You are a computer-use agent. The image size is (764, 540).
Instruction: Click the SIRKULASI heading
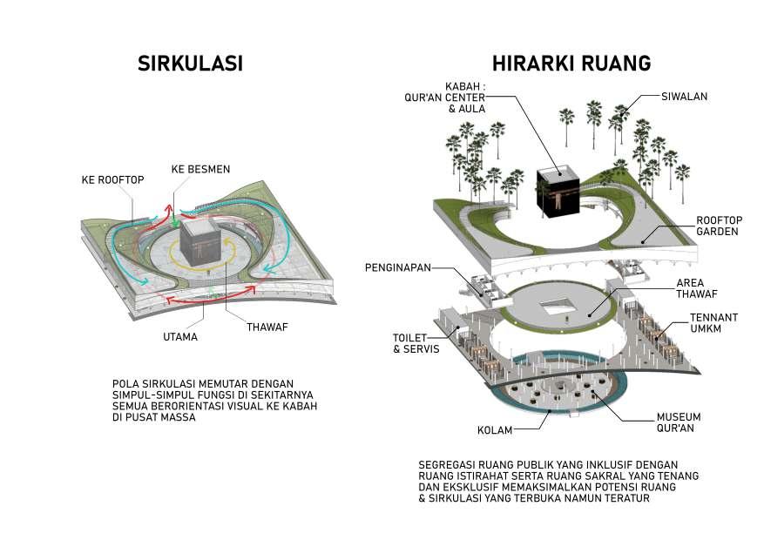coord(190,64)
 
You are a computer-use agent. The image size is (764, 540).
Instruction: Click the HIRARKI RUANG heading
coord(571,64)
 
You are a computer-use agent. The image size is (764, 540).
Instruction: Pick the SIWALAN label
coord(684,96)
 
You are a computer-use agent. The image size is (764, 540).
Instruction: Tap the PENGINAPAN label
coord(398,267)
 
